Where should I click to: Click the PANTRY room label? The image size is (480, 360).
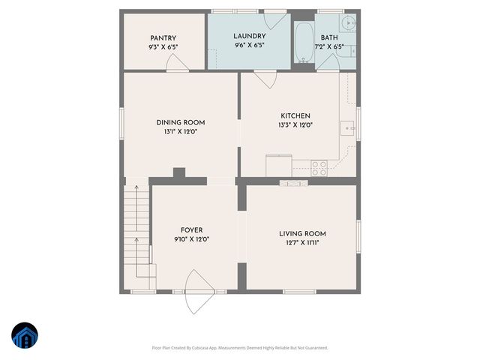[163, 37]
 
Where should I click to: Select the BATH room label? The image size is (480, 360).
[329, 37]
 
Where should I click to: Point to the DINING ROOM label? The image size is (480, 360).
[180, 123]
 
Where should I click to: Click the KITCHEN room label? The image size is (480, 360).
[295, 115]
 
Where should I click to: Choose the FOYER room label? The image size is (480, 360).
[191, 230]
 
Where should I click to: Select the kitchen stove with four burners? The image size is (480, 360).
[319, 168]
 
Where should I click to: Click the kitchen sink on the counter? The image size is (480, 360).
[347, 128]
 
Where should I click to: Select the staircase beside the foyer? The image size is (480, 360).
[136, 225]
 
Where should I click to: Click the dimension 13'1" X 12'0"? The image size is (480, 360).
[180, 132]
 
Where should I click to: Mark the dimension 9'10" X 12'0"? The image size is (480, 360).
[191, 239]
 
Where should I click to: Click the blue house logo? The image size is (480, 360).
[25, 337]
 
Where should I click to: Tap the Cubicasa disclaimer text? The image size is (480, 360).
[240, 347]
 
